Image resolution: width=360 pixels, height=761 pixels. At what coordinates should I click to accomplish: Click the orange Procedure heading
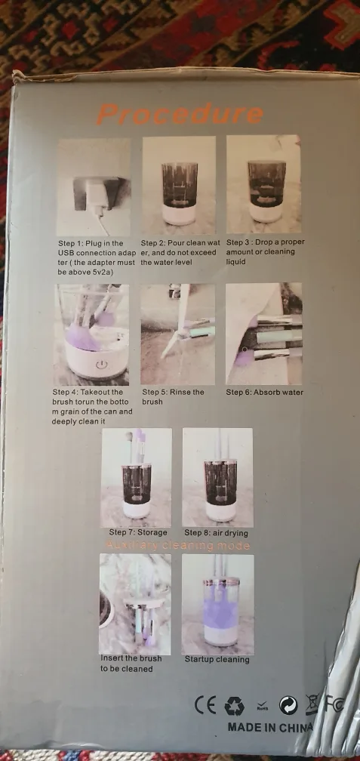(x=180, y=115)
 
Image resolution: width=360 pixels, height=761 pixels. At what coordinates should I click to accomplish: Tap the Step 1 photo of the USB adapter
(x=94, y=186)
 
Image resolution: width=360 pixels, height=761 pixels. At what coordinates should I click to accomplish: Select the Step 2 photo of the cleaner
(x=179, y=185)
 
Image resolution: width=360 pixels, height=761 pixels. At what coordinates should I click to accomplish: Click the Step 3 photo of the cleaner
(x=263, y=185)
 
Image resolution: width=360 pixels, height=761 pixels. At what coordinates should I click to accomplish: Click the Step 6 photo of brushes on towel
(x=263, y=334)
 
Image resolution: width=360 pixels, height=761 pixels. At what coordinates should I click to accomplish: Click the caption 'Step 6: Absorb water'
(x=265, y=393)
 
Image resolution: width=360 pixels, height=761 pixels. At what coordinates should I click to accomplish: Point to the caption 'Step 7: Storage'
(x=138, y=532)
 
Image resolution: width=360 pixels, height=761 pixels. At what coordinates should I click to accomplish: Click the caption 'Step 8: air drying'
(x=217, y=532)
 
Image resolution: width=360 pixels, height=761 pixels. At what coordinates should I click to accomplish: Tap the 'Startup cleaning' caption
(x=217, y=659)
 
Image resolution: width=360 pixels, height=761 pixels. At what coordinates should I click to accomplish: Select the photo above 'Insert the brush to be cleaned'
(x=135, y=604)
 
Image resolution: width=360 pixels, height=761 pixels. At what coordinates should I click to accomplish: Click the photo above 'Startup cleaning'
(x=217, y=604)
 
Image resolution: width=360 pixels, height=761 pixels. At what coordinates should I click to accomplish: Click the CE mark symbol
(x=205, y=704)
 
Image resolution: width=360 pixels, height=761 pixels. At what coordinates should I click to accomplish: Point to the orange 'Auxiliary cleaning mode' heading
(x=178, y=545)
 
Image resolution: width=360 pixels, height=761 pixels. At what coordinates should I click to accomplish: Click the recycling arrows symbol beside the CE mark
(x=234, y=705)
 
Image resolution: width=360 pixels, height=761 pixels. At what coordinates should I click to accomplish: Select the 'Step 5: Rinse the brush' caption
(x=174, y=397)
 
